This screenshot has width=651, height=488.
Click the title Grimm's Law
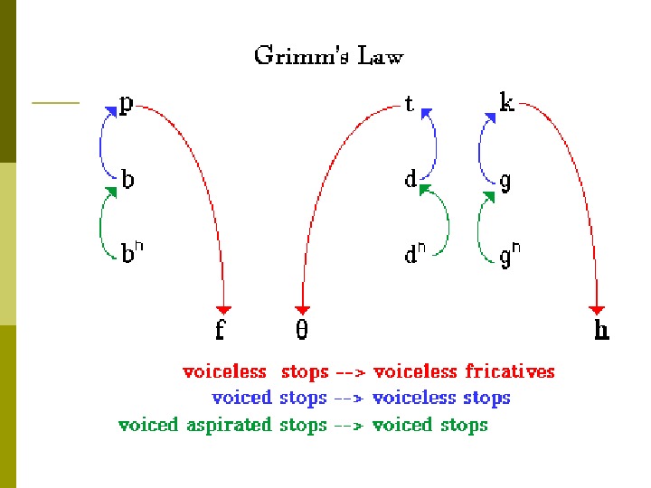point(328,57)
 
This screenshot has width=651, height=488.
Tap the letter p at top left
point(127,105)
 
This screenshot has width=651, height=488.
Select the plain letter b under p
point(127,180)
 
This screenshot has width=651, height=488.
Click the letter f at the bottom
point(220,331)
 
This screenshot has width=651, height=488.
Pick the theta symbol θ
point(302,331)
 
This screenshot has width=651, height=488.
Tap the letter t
point(410,105)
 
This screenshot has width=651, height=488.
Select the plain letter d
point(410,180)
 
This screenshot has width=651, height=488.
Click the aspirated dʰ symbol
point(414,255)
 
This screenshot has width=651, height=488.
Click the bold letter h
point(601,331)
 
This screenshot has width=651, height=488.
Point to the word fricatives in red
point(510,371)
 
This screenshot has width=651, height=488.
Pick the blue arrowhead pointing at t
point(426,112)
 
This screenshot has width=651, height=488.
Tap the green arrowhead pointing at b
point(113,192)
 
